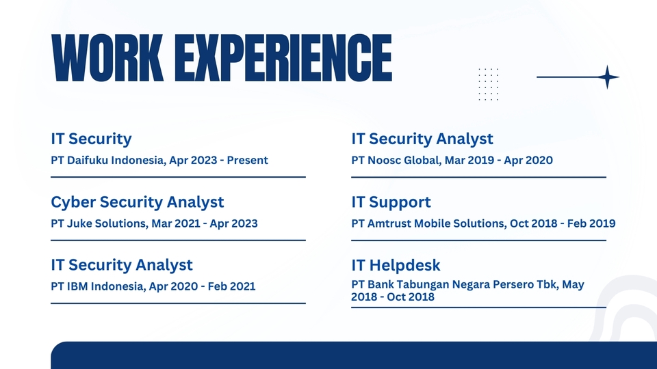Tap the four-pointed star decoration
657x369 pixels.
click(x=606, y=77)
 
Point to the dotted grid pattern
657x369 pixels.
click(x=488, y=84)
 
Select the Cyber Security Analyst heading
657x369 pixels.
click(x=137, y=202)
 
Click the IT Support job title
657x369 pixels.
click(x=391, y=202)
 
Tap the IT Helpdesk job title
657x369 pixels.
click(x=396, y=265)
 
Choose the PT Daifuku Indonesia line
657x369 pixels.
click(x=159, y=161)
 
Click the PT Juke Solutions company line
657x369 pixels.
click(x=154, y=223)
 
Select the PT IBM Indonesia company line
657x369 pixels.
click(x=153, y=286)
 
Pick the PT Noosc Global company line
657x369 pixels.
click(x=452, y=161)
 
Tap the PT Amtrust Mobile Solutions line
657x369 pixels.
click(x=483, y=223)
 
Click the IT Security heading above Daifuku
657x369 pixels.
click(x=91, y=139)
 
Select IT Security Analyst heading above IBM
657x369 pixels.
click(x=122, y=265)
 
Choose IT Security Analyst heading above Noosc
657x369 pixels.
click(x=422, y=139)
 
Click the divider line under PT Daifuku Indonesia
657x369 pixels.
click(x=178, y=177)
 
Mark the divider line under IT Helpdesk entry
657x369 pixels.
click(x=478, y=307)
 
